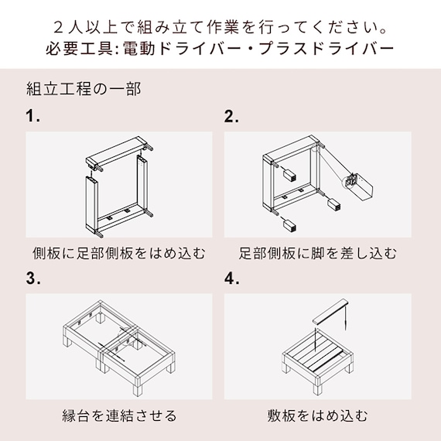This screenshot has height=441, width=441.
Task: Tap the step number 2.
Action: point(231,118)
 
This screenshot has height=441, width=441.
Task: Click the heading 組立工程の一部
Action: point(83,88)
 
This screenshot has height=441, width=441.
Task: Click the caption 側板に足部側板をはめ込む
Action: point(119,253)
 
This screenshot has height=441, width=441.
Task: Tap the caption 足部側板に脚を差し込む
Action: point(318,253)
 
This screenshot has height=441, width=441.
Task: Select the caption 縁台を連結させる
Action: point(119,415)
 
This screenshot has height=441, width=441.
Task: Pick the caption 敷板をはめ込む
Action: point(318,415)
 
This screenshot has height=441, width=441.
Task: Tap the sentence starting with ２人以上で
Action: point(220,23)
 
